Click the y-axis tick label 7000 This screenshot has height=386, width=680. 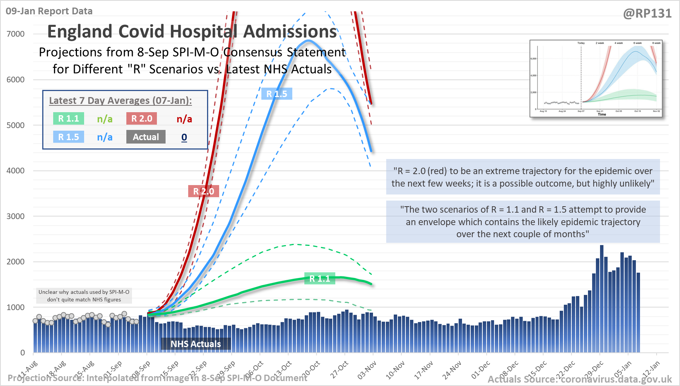pos(15,34)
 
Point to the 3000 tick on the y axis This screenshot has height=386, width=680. pos(15,216)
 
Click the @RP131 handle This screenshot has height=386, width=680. pos(647,14)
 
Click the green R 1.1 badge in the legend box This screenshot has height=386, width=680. pos(68,119)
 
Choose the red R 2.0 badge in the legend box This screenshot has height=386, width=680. pos(141,119)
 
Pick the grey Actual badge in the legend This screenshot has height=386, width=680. pos(146,137)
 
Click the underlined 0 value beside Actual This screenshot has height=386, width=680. pos(184,137)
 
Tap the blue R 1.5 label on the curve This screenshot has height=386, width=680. pos(276,94)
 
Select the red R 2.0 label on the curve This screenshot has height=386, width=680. pos(203,191)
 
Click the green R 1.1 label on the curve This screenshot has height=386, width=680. pos(319,279)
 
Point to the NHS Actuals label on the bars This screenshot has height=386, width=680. pos(196,344)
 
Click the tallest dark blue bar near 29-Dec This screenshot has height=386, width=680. pos(602,298)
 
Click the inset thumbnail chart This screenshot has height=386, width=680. pos(596,78)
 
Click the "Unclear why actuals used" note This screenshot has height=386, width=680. pos(84,296)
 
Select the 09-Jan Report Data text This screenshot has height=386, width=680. pos(49,11)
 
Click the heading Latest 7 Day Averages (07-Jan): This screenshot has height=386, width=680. pos(120,100)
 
